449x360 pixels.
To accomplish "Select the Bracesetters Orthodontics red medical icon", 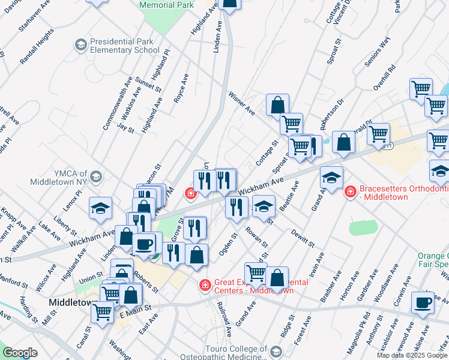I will (x=350, y=192).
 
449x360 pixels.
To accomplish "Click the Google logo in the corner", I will (x=20, y=353).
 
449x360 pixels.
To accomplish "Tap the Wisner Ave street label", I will (x=242, y=103).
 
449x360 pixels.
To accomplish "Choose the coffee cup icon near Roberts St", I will (x=144, y=244).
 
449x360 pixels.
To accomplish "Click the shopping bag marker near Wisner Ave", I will (x=277, y=105).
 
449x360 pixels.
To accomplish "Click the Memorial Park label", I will (x=166, y=5).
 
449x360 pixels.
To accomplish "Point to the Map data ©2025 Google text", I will (x=412, y=355).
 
